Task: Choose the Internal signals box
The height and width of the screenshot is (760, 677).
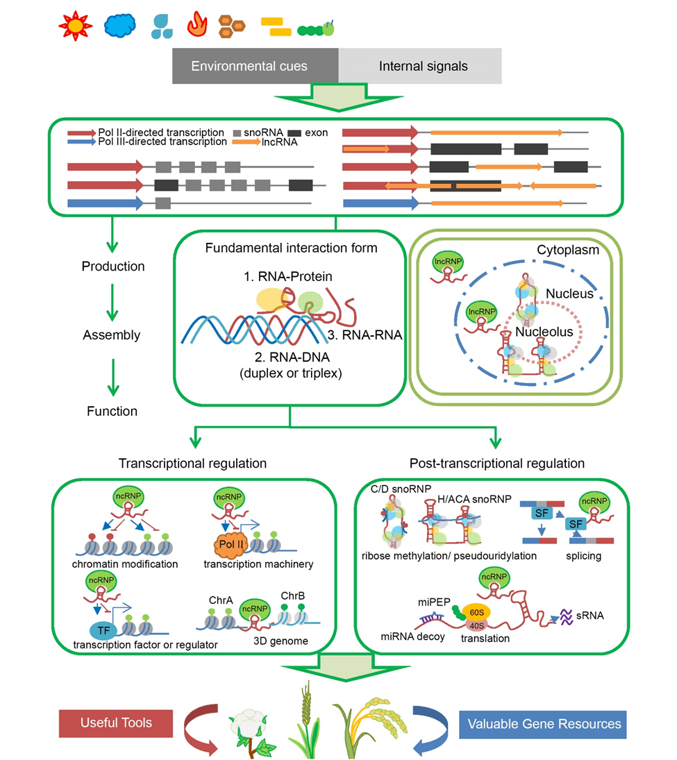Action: pyautogui.click(x=423, y=67)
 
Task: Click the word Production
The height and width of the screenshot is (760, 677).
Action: pyautogui.click(x=113, y=267)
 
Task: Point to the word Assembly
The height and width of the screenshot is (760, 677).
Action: pyautogui.click(x=112, y=335)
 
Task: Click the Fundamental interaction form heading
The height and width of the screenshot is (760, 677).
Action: pyautogui.click(x=291, y=248)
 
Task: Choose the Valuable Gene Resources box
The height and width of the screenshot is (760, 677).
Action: pyautogui.click(x=543, y=724)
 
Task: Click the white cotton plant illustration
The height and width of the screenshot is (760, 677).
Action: pyautogui.click(x=252, y=725)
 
